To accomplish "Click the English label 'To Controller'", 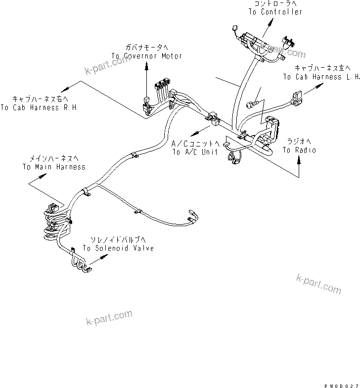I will [x=275, y=12].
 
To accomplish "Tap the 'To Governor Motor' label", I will [x=146, y=56].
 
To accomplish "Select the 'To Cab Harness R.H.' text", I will [x=39, y=107].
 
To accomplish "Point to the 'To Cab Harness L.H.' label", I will [x=321, y=77].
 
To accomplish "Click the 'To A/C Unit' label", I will [x=195, y=152].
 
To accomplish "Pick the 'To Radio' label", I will [x=299, y=150].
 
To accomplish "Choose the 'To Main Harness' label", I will [x=53, y=167].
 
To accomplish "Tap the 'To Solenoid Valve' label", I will [x=118, y=248].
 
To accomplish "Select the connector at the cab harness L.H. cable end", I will [x=297, y=99].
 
